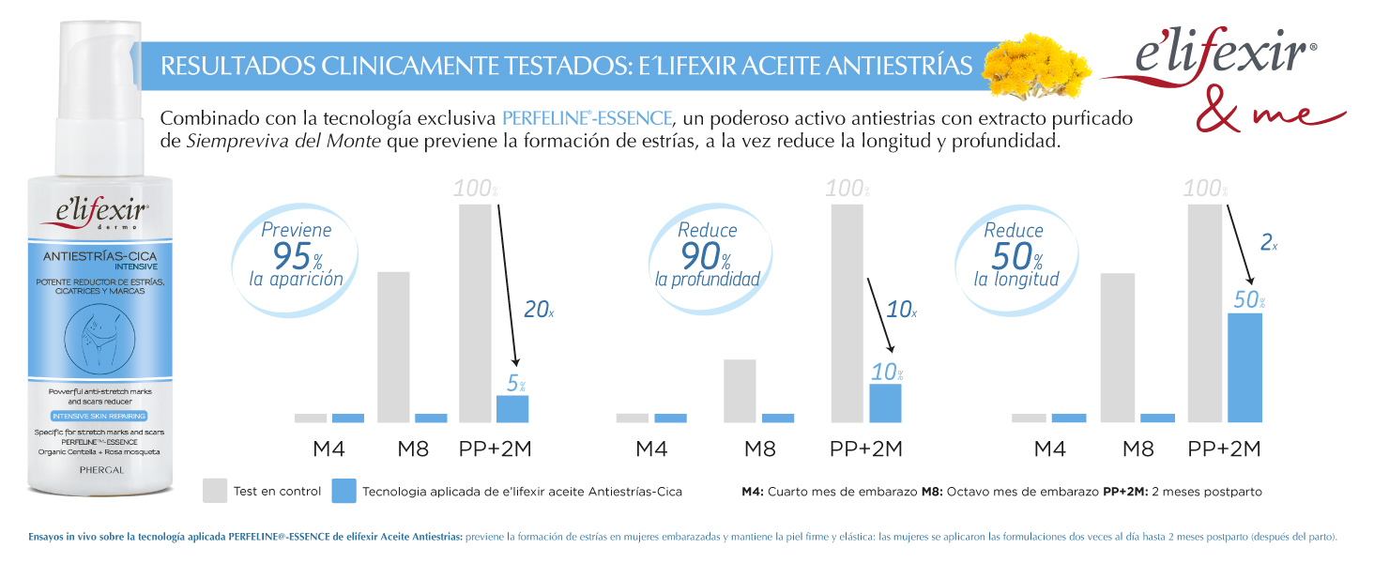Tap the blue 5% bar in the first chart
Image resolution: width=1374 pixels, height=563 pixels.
512,409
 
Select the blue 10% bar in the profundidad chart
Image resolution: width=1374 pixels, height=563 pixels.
885,403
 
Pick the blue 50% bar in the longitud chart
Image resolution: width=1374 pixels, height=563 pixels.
1244,368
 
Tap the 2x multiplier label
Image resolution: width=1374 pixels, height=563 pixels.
1269,243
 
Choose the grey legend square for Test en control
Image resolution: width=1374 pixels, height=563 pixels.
215,490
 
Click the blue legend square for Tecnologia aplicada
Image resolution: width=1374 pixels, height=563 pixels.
343,490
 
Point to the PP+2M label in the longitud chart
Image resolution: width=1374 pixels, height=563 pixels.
1224,449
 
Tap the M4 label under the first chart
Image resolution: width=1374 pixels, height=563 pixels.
328,449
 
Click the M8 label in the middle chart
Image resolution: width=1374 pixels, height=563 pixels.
759,449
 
